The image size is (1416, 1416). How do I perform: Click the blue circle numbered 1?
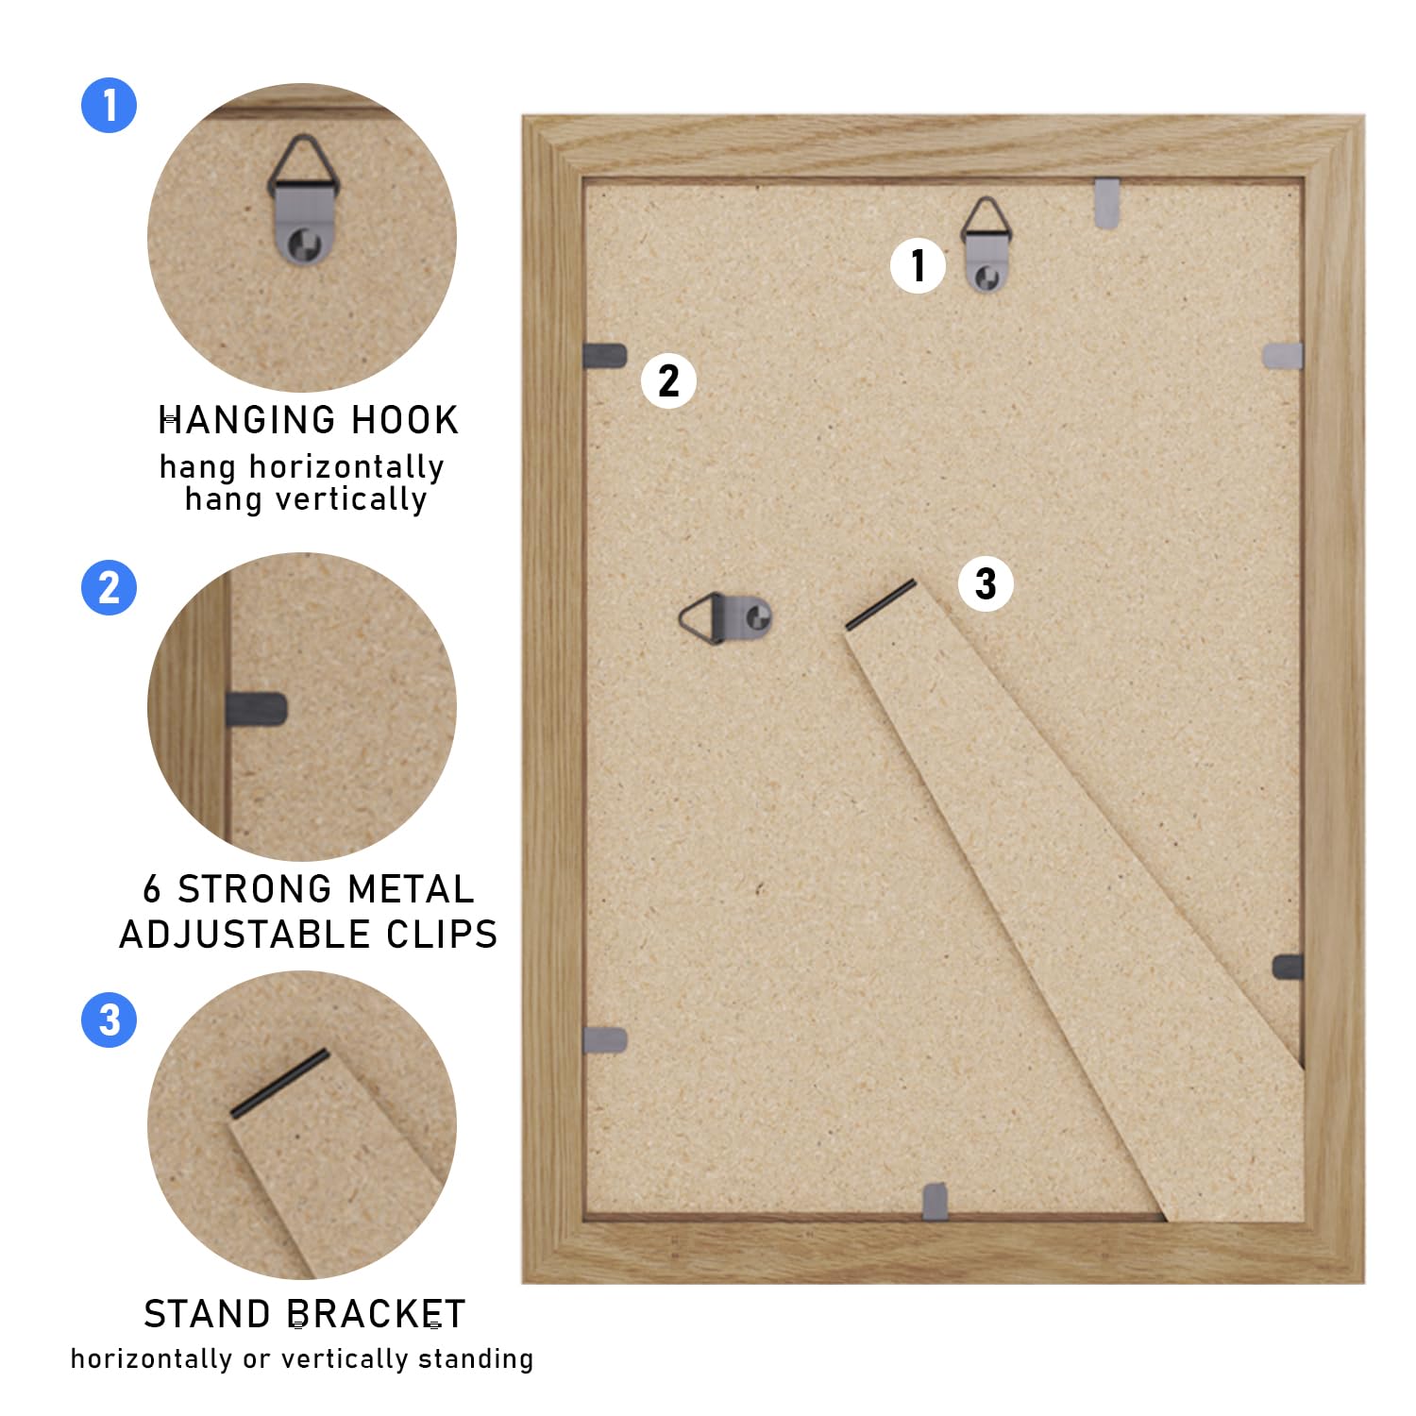110,105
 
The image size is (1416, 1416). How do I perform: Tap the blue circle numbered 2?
110,587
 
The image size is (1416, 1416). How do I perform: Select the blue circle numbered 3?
110,1020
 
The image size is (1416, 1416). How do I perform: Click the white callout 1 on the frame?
919,265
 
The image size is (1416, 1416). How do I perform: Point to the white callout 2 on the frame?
668,380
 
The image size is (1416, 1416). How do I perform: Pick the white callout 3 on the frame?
986,583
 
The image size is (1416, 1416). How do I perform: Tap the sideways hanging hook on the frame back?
725,618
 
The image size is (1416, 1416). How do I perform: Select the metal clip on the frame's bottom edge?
935,1201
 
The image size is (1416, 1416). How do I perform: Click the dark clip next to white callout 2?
605,356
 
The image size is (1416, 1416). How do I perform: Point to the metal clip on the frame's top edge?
1107,202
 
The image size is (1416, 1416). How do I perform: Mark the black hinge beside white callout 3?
881,604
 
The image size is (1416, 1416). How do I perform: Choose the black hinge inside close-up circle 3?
280,1083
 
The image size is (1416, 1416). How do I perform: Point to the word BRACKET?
377,1314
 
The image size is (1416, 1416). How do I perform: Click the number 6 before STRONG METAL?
152,889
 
